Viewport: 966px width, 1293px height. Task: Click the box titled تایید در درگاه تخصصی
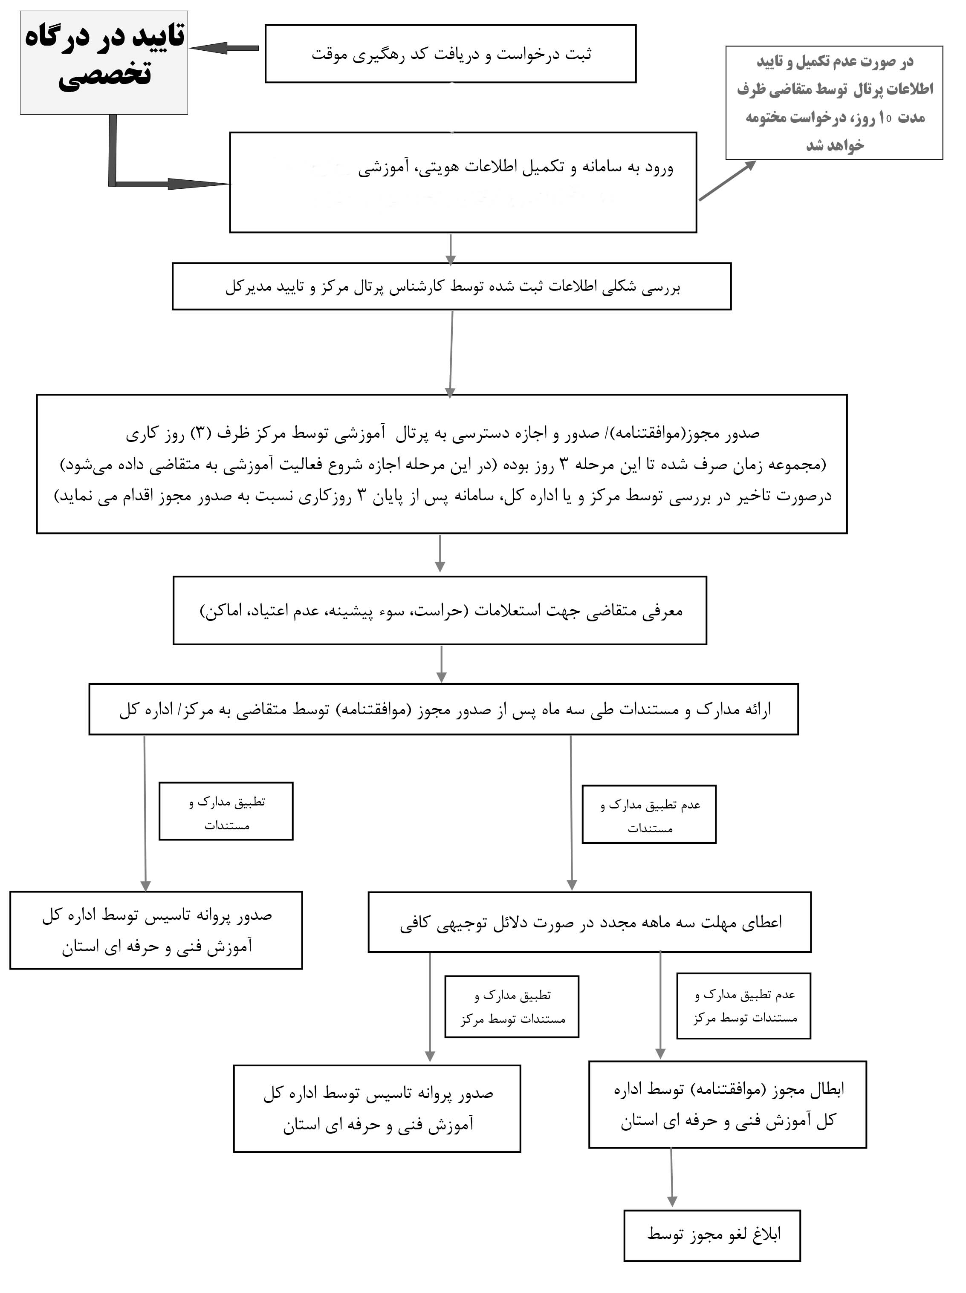[104, 63]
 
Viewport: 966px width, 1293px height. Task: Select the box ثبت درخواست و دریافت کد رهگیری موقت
[450, 54]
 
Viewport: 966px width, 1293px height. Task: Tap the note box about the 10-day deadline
[834, 103]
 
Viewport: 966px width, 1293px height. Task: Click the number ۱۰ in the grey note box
[885, 118]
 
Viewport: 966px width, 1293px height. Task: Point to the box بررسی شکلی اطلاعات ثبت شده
[451, 286]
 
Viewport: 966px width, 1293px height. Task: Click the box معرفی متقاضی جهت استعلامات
[440, 611]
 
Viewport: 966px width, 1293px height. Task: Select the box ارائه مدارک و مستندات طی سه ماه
[443, 709]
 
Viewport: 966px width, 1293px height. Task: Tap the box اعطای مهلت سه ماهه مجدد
[590, 922]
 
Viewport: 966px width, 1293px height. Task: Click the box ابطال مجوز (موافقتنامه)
[727, 1105]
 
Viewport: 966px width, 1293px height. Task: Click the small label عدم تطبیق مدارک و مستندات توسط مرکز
[744, 1006]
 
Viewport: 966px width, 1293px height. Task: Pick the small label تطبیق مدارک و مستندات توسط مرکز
[512, 1007]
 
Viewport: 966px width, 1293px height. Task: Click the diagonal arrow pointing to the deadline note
[727, 181]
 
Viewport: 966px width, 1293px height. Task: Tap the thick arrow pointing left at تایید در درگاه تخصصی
[224, 48]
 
